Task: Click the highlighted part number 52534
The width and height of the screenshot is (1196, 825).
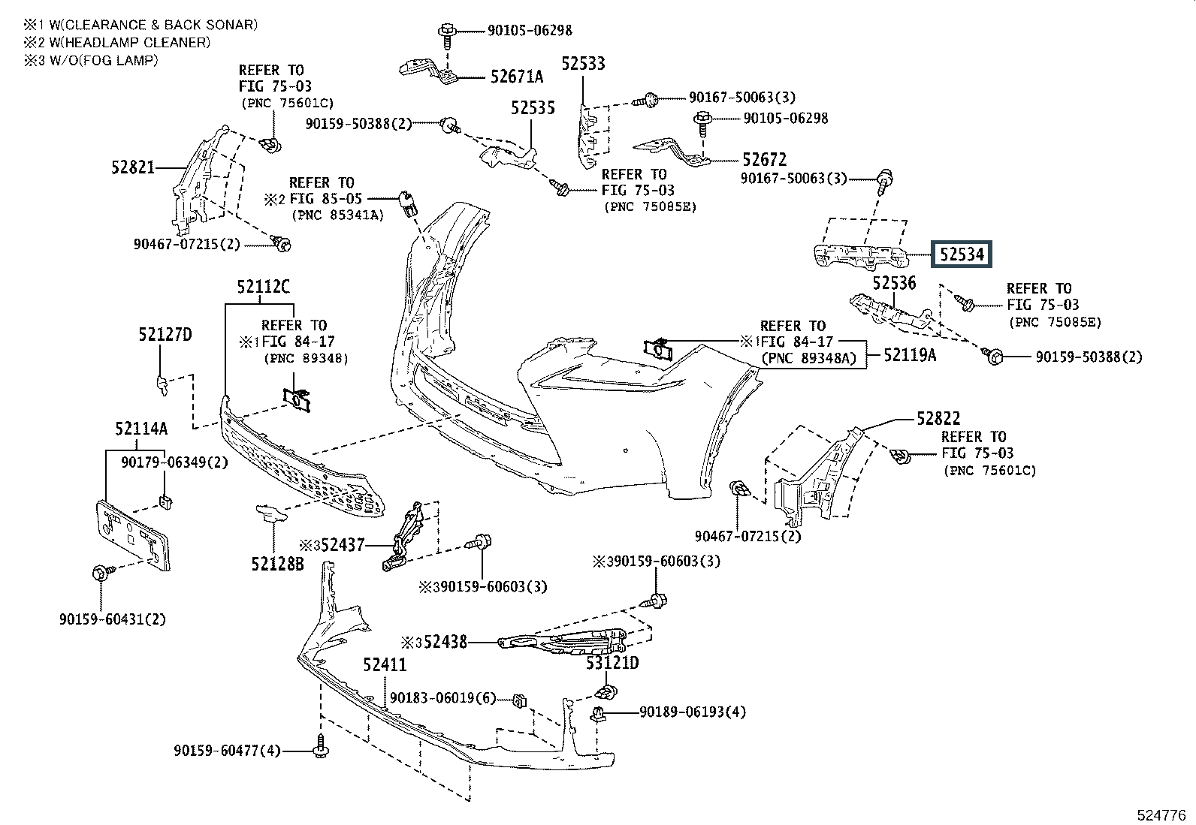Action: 961,254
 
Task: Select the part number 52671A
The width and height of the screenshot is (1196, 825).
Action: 516,77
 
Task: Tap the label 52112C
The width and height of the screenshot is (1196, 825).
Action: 263,287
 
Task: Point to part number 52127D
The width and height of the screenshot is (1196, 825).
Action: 165,335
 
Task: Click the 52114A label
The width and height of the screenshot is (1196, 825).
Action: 141,428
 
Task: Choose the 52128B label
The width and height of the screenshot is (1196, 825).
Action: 277,564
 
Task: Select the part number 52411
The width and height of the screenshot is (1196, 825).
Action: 385,664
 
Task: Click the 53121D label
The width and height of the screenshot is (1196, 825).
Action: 612,663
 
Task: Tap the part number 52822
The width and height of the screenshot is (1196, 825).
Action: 938,418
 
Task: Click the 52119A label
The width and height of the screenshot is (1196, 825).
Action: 910,355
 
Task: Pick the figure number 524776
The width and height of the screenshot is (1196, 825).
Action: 1161,815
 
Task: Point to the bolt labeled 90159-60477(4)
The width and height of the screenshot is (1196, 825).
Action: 320,745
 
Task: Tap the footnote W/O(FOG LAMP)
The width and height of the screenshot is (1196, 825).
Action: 104,60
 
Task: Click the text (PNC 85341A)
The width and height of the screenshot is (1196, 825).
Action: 338,215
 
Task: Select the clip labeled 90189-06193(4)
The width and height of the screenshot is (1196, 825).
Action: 599,713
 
